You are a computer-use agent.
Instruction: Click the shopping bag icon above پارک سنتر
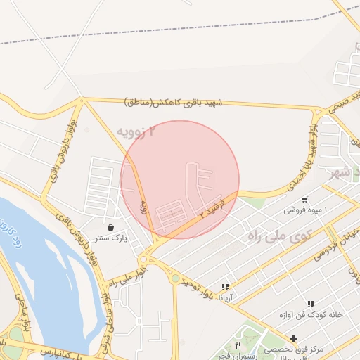click(112, 227)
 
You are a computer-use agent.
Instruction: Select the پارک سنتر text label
click(111, 238)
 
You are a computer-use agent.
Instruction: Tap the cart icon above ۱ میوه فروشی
click(304, 199)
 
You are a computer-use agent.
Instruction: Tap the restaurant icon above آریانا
click(225, 287)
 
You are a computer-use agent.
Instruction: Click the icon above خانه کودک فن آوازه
click(310, 304)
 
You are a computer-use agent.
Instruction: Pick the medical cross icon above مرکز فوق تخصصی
click(293, 338)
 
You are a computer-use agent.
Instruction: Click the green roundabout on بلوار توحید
click(174, 278)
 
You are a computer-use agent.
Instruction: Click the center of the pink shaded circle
click(180, 180)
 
